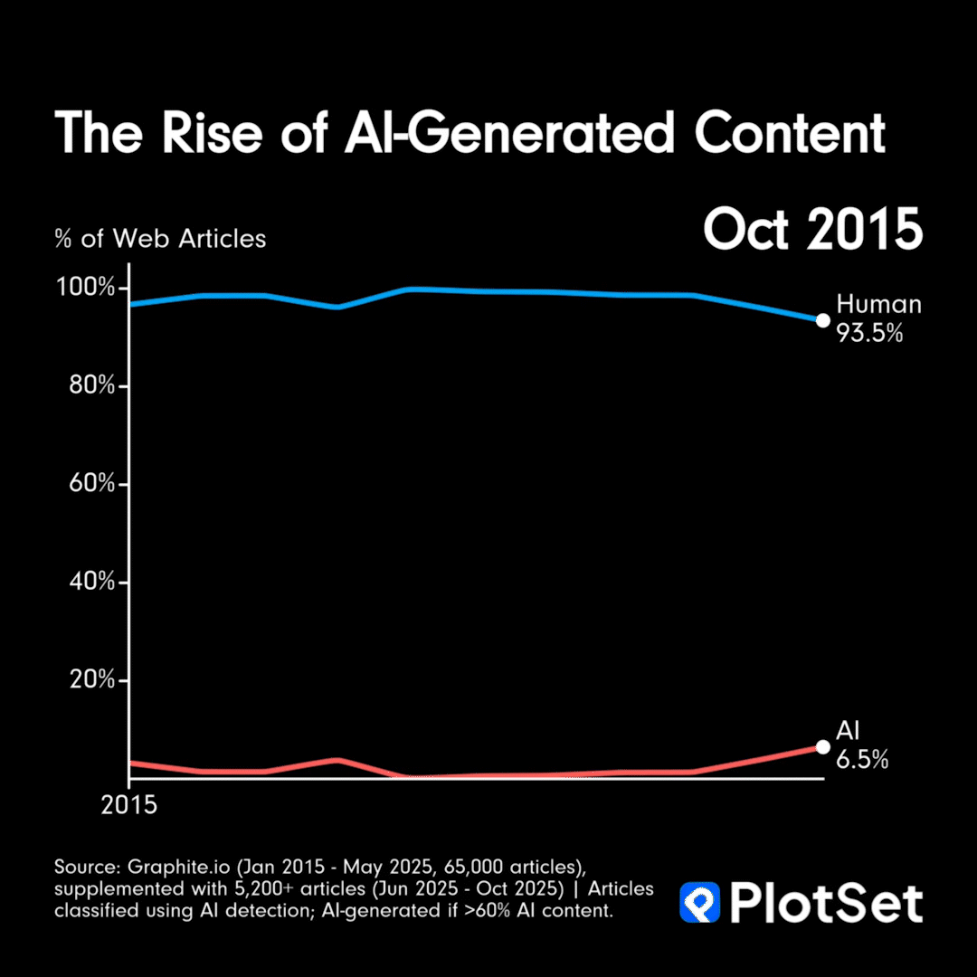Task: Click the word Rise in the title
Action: (218, 133)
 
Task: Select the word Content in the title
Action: (790, 133)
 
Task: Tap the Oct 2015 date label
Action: (812, 231)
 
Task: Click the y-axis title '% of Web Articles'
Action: (160, 239)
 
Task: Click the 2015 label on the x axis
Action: (128, 805)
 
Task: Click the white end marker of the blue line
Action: (822, 319)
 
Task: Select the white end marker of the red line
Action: (822, 746)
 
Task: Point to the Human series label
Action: (878, 304)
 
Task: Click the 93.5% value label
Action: (869, 334)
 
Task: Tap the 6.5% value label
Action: (861, 761)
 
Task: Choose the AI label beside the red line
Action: (848, 732)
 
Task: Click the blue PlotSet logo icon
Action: (699, 903)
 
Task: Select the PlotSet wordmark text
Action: (826, 903)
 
